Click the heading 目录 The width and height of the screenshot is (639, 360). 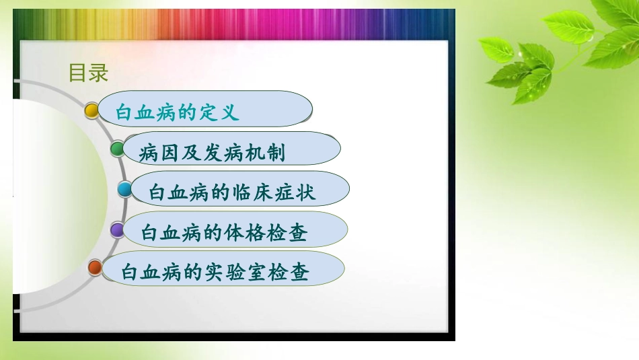[x=88, y=73]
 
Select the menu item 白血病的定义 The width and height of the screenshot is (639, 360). [x=178, y=112]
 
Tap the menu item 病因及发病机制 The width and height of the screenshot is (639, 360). [x=212, y=153]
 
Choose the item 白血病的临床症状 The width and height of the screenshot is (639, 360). [x=232, y=193]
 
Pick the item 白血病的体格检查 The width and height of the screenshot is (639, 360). [x=224, y=233]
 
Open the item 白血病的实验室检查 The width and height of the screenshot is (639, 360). [x=215, y=273]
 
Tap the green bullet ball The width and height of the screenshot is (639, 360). [x=118, y=149]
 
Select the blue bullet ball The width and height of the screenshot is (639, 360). [x=125, y=190]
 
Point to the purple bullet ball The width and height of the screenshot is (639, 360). [x=117, y=230]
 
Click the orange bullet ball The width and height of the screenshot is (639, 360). [x=96, y=268]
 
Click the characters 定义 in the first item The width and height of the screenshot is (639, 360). [x=219, y=112]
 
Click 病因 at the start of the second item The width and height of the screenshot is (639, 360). [x=158, y=153]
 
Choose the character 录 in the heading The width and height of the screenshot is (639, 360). [x=98, y=73]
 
